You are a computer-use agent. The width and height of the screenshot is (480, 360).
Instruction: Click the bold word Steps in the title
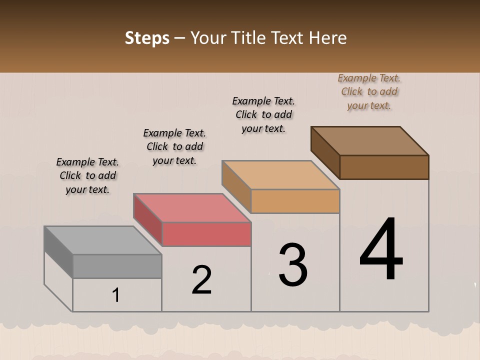(147, 38)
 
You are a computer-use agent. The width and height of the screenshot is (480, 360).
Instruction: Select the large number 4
(381, 250)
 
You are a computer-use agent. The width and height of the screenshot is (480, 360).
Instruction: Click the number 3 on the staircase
(293, 264)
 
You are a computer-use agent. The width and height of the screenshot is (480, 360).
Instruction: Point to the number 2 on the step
(202, 280)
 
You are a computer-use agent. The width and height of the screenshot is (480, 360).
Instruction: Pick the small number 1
(116, 295)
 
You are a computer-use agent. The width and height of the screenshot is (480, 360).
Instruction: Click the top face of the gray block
(102, 240)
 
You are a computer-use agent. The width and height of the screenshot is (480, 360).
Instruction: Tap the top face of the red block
(192, 208)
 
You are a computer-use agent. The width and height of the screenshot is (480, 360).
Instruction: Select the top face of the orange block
(280, 175)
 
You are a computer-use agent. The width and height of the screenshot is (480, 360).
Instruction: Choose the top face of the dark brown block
(370, 141)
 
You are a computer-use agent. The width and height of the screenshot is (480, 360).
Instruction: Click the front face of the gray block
(117, 266)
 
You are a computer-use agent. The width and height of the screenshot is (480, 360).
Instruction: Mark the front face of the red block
(206, 234)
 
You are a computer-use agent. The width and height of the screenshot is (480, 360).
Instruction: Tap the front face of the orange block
(295, 201)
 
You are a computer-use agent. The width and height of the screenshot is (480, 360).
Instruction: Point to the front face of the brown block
(384, 167)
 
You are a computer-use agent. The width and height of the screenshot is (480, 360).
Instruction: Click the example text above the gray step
(87, 175)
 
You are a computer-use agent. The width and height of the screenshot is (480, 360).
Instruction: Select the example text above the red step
(174, 146)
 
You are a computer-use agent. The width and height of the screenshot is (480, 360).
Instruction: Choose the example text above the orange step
(263, 114)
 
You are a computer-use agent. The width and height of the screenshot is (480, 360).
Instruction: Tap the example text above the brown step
(369, 91)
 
